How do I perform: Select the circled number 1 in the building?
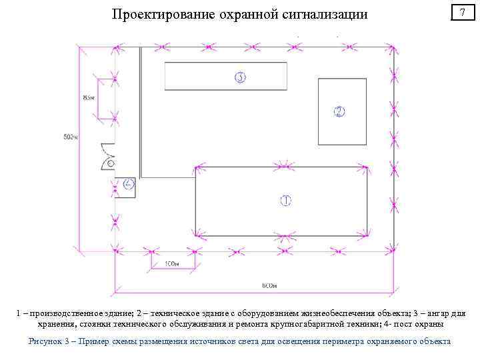285,200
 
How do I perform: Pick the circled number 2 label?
339,111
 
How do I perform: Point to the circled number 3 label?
240,77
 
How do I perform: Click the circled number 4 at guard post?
129,183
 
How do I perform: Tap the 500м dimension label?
71,137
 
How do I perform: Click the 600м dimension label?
269,286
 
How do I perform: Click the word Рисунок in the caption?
48,341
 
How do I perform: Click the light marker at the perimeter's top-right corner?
395,47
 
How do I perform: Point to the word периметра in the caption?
314,341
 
